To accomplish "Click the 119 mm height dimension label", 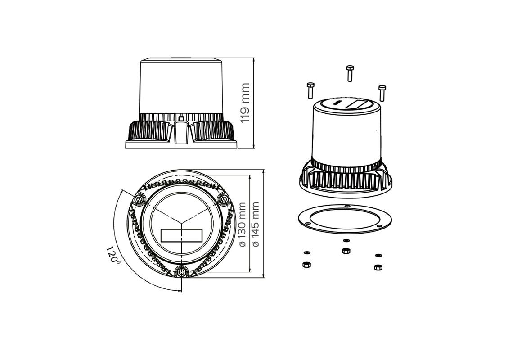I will tap(245, 103).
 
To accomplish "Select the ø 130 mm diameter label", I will tap(243, 224).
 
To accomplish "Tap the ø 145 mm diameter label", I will tap(256, 224).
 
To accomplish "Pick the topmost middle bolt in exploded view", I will tap(350, 73).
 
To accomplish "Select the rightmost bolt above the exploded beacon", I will tap(382, 93).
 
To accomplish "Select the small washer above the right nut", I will tap(378, 255).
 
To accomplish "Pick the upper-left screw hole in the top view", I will tap(139, 199).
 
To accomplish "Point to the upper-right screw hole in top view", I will tap(223, 198).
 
